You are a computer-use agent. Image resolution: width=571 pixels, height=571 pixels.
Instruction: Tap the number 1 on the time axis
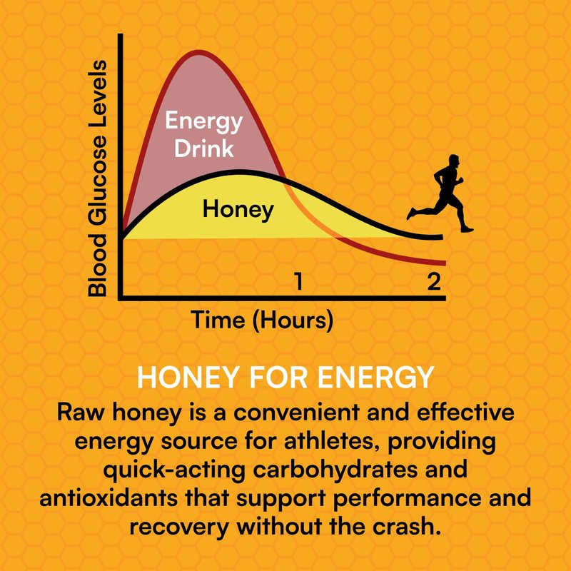pos(299,281)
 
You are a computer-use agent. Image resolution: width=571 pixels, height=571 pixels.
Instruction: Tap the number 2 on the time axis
pos(433,281)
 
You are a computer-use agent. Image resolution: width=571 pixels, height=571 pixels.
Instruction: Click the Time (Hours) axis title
pos(262,320)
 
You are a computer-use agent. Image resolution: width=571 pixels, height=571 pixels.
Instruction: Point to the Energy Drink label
pos(203,135)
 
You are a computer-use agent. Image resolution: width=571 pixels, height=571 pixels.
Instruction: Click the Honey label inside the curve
pos(238,210)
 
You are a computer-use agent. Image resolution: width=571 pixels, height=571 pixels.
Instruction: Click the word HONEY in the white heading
pos(183,378)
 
